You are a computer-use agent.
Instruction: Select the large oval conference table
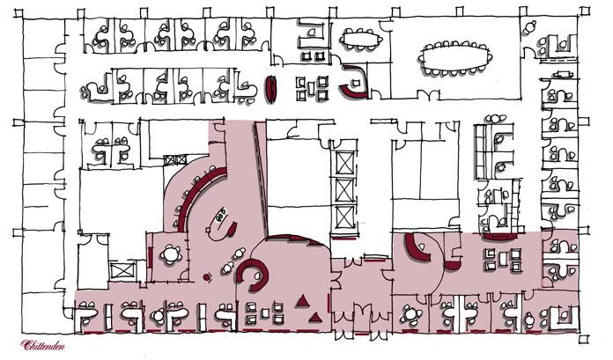point(455,58)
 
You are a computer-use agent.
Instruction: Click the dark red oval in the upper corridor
point(272,88)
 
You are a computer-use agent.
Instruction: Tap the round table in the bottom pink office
point(410,312)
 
